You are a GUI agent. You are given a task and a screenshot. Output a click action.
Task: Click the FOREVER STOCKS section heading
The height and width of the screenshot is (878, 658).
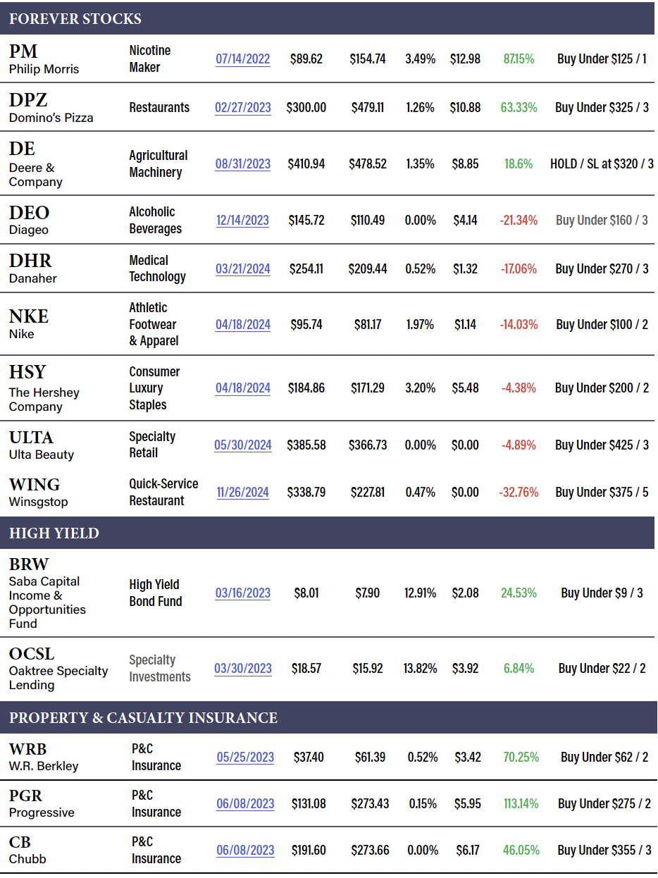pyautogui.click(x=75, y=19)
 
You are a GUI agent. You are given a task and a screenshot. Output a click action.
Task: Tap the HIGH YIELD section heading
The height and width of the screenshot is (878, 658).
pyautogui.click(x=54, y=533)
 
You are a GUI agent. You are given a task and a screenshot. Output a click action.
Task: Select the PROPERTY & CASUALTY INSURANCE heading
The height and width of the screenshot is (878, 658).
pyautogui.click(x=143, y=718)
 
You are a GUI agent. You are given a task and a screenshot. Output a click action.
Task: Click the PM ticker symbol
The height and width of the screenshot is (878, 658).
pyautogui.click(x=23, y=51)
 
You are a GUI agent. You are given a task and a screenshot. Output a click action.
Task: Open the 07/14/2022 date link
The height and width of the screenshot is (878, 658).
pyautogui.click(x=243, y=59)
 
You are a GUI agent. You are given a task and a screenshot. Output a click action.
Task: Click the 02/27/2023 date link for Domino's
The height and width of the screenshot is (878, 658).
pyautogui.click(x=243, y=108)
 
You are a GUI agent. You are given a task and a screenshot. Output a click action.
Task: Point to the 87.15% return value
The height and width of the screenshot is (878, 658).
pyautogui.click(x=519, y=59)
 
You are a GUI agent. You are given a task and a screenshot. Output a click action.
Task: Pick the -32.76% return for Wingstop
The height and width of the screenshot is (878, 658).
pyautogui.click(x=519, y=493)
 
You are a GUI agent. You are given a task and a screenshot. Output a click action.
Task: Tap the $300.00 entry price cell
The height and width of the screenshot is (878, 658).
pyautogui.click(x=306, y=108)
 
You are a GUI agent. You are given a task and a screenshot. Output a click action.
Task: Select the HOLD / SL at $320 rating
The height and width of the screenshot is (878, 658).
pyautogui.click(x=602, y=163)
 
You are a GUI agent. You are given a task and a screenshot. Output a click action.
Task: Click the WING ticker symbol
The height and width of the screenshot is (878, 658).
pyautogui.click(x=35, y=485)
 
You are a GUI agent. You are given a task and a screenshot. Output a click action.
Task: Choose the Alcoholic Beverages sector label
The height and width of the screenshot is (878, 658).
pyautogui.click(x=155, y=220)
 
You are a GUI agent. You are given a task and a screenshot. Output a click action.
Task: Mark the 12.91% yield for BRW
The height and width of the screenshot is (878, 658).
pyautogui.click(x=420, y=593)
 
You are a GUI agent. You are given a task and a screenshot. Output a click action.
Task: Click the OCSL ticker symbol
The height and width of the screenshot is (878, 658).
pyautogui.click(x=32, y=654)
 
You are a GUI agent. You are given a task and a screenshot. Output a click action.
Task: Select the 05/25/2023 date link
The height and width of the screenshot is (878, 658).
pyautogui.click(x=245, y=758)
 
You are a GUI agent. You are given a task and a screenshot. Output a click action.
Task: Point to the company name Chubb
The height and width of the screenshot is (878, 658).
pyautogui.click(x=27, y=859)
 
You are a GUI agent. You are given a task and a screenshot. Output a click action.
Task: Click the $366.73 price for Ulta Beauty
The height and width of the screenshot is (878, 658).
pyautogui.click(x=367, y=445)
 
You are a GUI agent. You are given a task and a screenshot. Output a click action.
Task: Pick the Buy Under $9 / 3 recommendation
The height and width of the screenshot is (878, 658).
pyautogui.click(x=602, y=593)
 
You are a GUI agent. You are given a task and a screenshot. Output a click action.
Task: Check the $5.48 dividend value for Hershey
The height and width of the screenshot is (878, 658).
pyautogui.click(x=465, y=388)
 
